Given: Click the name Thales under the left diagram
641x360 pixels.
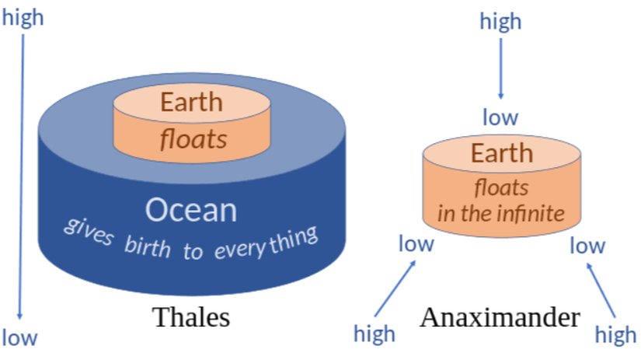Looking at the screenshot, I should (x=191, y=317).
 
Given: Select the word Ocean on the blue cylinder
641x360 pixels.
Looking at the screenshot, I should (x=191, y=209).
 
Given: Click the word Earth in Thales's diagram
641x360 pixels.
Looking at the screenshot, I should (x=191, y=102).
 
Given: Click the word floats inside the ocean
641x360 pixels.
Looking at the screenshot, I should (x=193, y=139).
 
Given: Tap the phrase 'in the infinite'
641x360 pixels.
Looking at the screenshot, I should (x=500, y=212).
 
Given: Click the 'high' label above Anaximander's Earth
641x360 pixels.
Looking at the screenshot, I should (x=500, y=22).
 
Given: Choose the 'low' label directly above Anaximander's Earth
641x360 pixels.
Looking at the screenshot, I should (x=500, y=118).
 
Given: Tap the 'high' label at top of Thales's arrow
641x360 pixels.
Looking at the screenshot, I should (x=23, y=18).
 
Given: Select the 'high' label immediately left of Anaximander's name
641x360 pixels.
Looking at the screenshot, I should (x=374, y=334).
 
